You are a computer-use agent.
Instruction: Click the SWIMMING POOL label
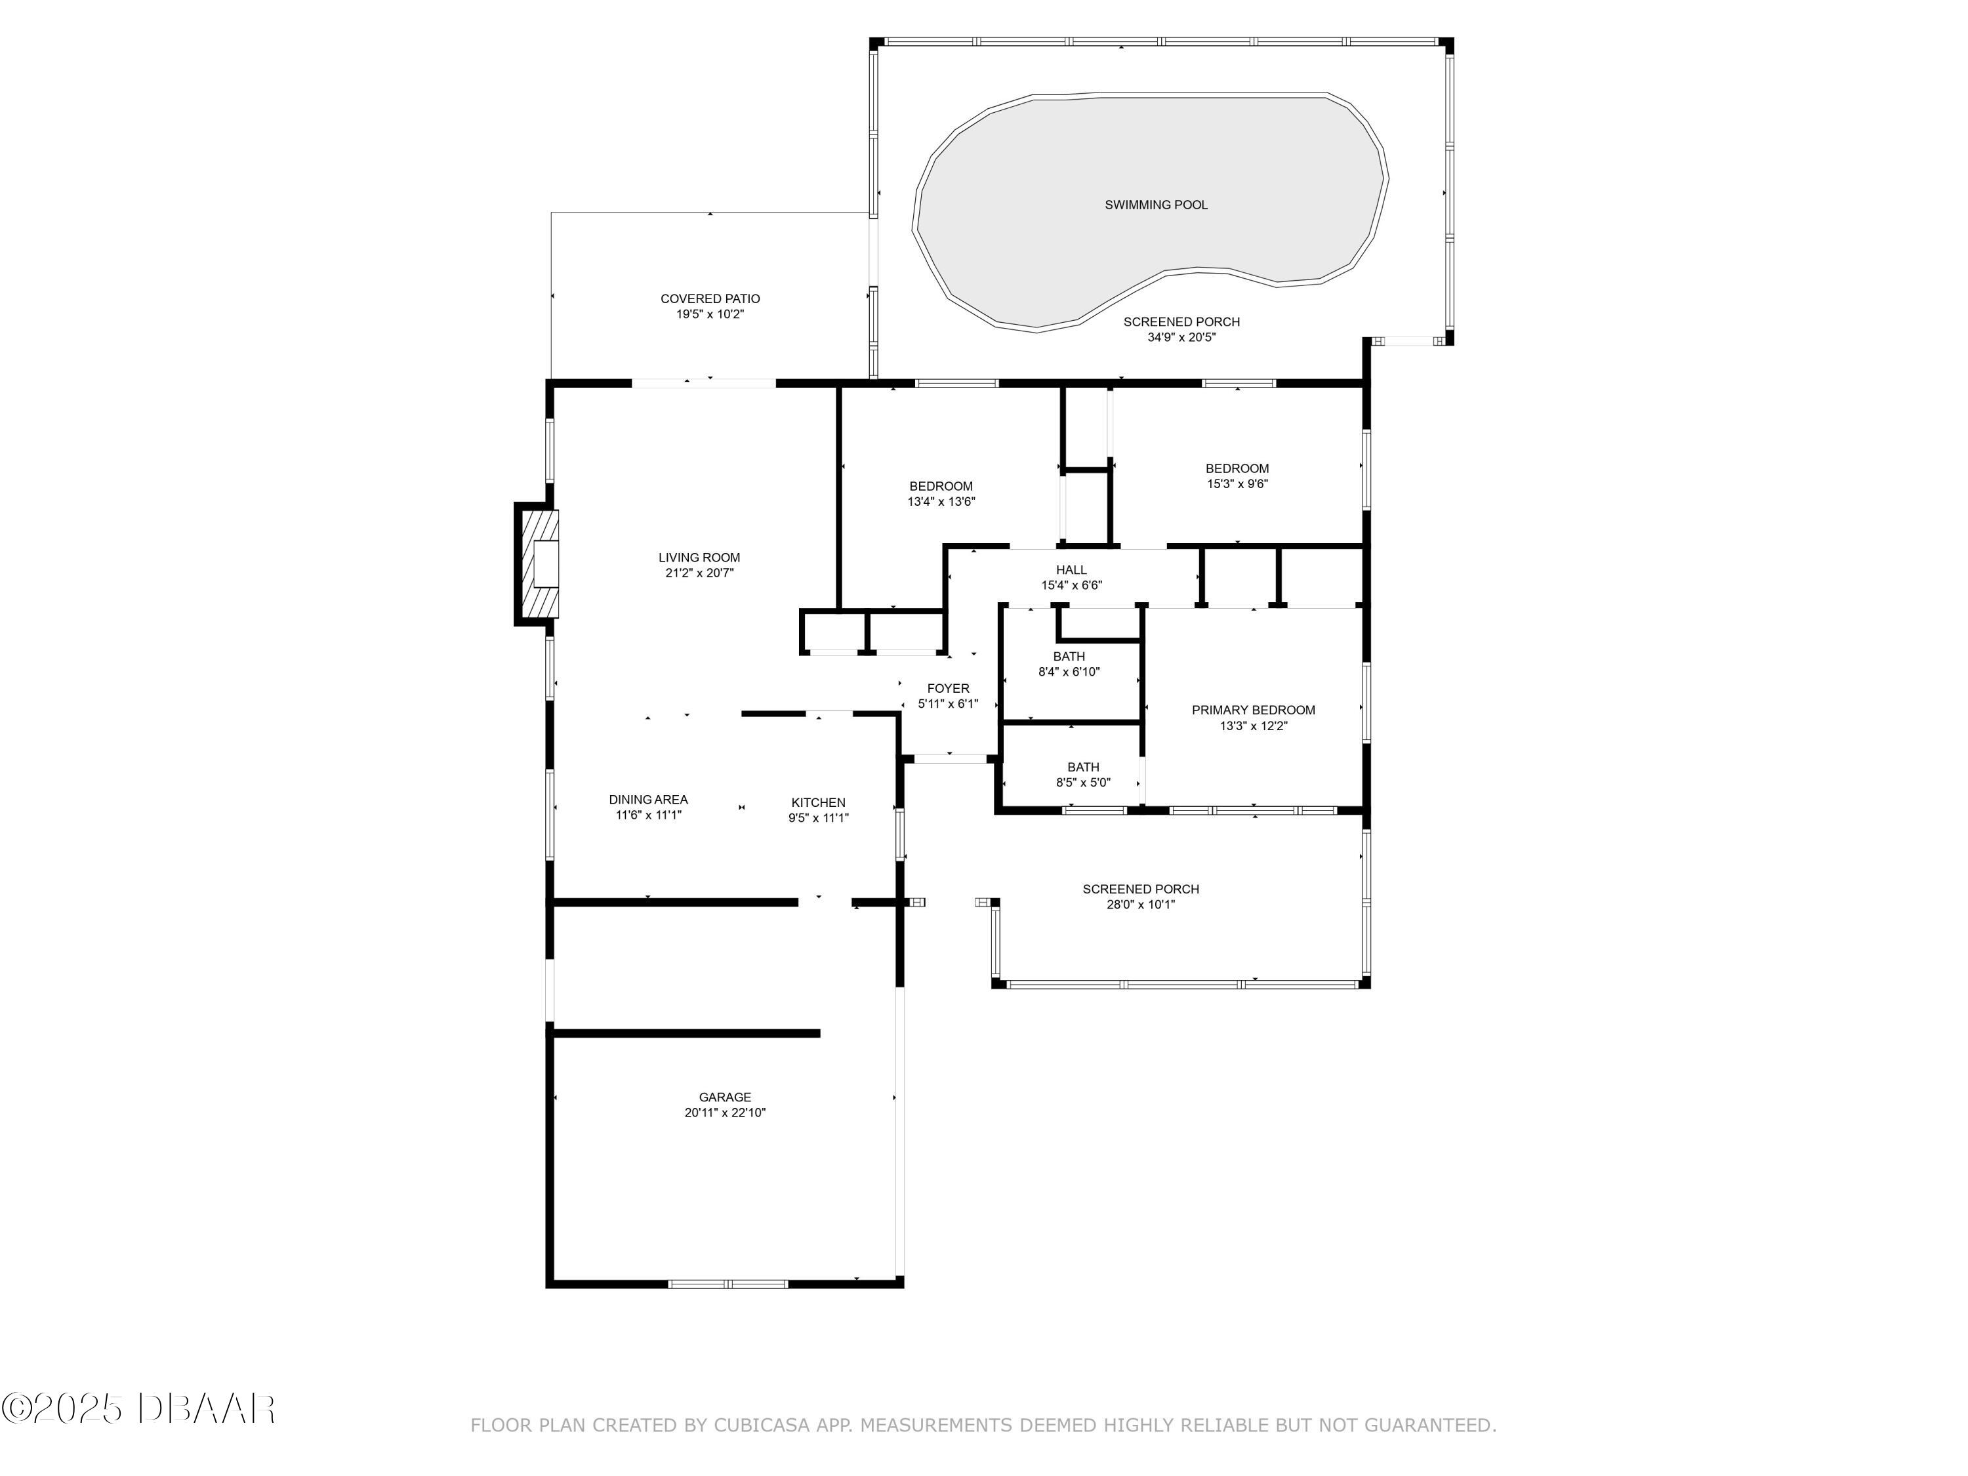(1156, 205)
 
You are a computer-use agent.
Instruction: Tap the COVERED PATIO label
(710, 299)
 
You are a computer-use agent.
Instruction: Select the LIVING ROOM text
(699, 558)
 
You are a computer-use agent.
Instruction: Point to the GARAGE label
(725, 1097)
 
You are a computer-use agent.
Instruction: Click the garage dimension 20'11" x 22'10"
(725, 1112)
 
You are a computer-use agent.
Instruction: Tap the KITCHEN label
(819, 802)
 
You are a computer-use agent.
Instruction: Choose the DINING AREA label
(649, 799)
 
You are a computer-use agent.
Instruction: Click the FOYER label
(949, 689)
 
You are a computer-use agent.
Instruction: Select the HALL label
(1071, 569)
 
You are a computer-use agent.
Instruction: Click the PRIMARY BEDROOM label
(1254, 710)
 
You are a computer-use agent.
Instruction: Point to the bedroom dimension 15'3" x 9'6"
(1238, 484)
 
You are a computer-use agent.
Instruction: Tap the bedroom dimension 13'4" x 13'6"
(941, 502)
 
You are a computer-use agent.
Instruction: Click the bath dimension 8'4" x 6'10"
(1069, 672)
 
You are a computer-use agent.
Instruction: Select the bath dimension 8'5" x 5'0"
(1084, 783)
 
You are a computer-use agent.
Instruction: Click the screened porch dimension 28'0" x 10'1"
(1141, 905)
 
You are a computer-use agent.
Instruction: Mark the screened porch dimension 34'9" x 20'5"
(1181, 337)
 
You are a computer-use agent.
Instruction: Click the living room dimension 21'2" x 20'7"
(699, 573)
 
